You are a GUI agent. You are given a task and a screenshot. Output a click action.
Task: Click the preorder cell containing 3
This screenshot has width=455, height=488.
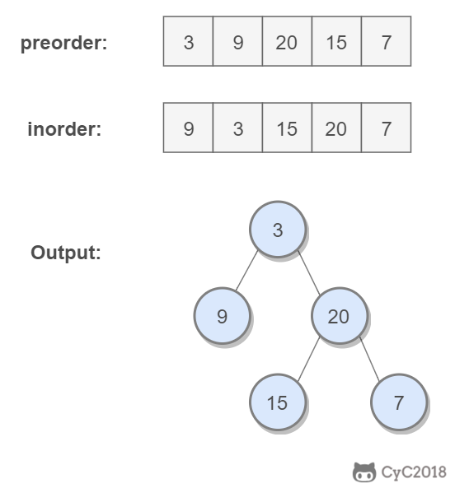(188, 41)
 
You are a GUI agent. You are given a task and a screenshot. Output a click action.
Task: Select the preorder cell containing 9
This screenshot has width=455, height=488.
(237, 41)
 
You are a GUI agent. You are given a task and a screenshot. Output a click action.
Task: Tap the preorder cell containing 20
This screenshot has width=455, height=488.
(287, 41)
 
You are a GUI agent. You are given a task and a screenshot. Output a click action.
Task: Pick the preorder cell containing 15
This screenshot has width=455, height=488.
(336, 41)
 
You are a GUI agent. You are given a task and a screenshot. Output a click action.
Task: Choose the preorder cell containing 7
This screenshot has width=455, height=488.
(386, 41)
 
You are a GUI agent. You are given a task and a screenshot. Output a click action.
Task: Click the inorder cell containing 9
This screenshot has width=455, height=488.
(188, 128)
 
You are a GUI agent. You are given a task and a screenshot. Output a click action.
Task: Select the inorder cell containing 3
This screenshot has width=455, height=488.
(237, 128)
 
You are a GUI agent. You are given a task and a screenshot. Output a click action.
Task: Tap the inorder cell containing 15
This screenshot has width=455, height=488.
(287, 128)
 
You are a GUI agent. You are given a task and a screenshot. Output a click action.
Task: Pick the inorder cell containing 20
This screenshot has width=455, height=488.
(336, 128)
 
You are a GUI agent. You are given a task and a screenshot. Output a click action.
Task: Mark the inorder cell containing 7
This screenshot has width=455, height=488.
(386, 128)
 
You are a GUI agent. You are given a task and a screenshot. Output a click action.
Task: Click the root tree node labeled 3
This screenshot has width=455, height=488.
(278, 230)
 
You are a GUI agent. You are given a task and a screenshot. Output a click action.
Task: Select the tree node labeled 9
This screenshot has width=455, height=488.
(222, 316)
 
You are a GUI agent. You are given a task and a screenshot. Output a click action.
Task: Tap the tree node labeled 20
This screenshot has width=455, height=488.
(339, 316)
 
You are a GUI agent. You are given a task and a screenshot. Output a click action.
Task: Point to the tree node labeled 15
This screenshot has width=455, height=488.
(278, 402)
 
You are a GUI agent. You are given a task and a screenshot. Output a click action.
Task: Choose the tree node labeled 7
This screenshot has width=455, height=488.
(399, 402)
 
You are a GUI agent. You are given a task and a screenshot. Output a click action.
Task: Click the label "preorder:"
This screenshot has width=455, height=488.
(63, 43)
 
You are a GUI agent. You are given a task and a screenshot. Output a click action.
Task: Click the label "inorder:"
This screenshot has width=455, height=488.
(64, 129)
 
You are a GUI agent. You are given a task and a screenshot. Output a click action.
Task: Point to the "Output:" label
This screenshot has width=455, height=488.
(66, 253)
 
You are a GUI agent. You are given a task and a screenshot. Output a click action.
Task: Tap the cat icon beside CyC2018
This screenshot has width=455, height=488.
(364, 472)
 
